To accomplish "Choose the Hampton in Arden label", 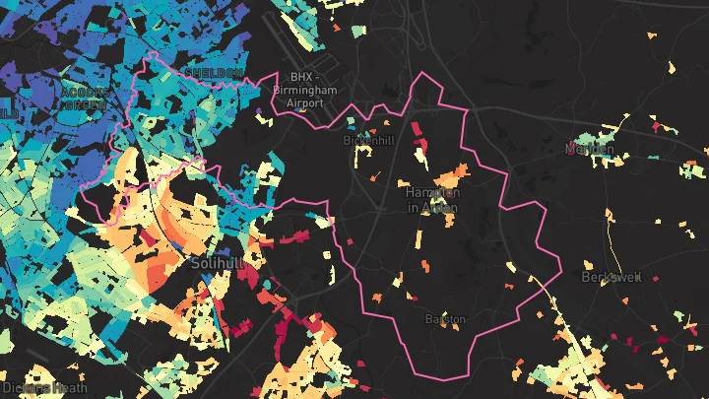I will coord(432,200).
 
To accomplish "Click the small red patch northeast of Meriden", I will coord(656,125).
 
